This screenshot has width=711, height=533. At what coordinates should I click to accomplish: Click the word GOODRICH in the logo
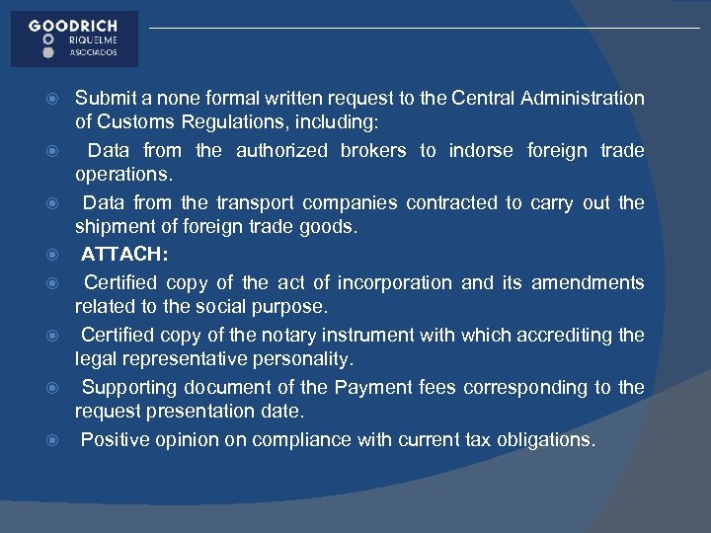(x=73, y=26)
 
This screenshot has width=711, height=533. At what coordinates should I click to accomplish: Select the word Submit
(x=106, y=98)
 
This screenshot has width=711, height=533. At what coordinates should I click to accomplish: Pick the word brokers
(x=373, y=150)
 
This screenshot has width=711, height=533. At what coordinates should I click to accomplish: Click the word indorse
(x=481, y=150)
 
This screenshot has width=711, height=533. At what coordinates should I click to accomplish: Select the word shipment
(x=116, y=228)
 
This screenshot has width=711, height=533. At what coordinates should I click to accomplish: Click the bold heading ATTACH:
(x=124, y=255)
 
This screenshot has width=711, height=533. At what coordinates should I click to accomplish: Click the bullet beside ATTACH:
(x=55, y=256)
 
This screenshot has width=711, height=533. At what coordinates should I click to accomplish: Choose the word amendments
(x=588, y=282)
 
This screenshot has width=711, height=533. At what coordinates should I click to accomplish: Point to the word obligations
(x=545, y=439)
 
